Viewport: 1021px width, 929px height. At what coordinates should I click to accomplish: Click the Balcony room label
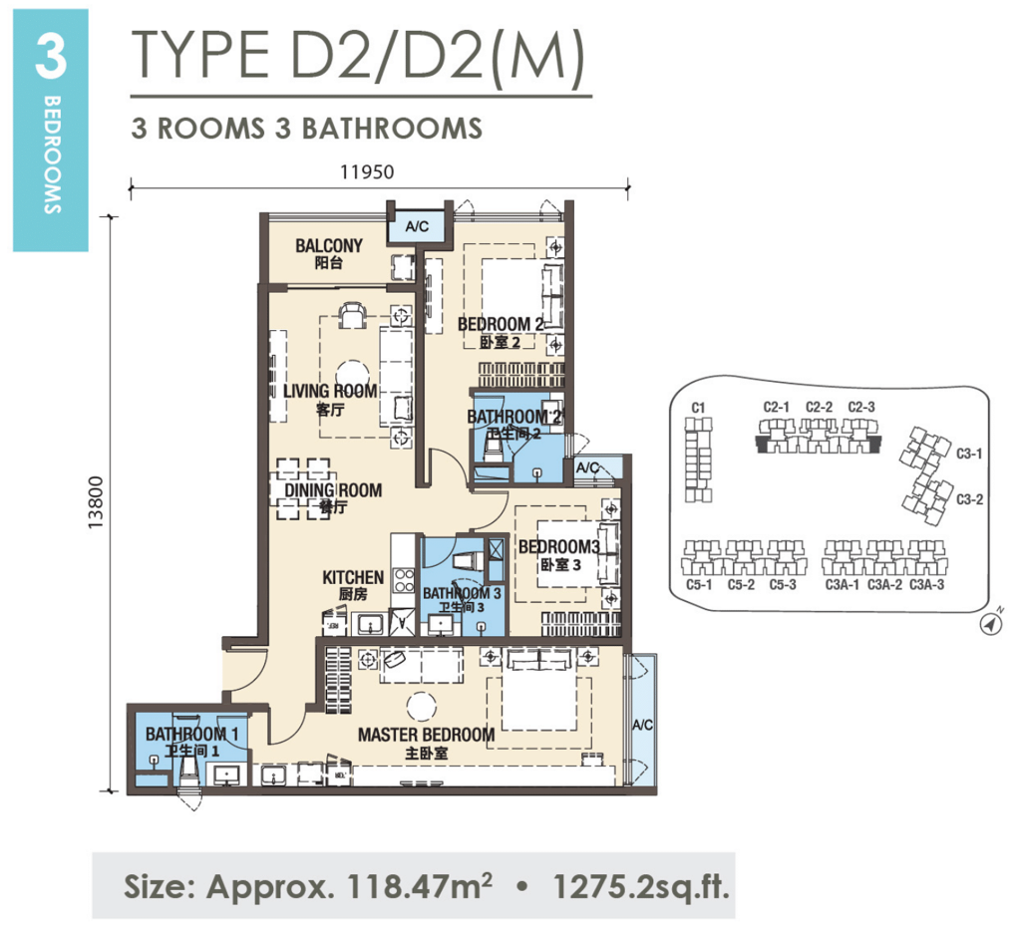[x=329, y=246]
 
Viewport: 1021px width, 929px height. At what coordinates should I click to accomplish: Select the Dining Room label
[x=333, y=490]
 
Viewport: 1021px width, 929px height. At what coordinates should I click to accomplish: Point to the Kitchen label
[x=353, y=578]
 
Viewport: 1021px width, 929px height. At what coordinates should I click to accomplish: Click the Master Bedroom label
[x=426, y=736]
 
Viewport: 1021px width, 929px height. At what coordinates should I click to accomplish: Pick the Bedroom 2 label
[x=500, y=325]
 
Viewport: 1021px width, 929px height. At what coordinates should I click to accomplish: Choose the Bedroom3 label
[x=558, y=547]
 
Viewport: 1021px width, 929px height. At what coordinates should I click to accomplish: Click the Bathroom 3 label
[x=462, y=594]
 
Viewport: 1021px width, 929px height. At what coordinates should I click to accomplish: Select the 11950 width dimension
[x=367, y=170]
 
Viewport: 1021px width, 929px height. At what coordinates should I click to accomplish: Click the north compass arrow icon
[x=991, y=624]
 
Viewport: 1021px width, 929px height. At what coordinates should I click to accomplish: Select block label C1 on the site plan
[x=698, y=408]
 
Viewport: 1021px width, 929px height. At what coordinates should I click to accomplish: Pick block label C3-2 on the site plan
[x=970, y=499]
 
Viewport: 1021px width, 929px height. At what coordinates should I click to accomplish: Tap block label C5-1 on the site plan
[x=698, y=585]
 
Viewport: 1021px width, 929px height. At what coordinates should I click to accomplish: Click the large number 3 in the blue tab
[x=50, y=58]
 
